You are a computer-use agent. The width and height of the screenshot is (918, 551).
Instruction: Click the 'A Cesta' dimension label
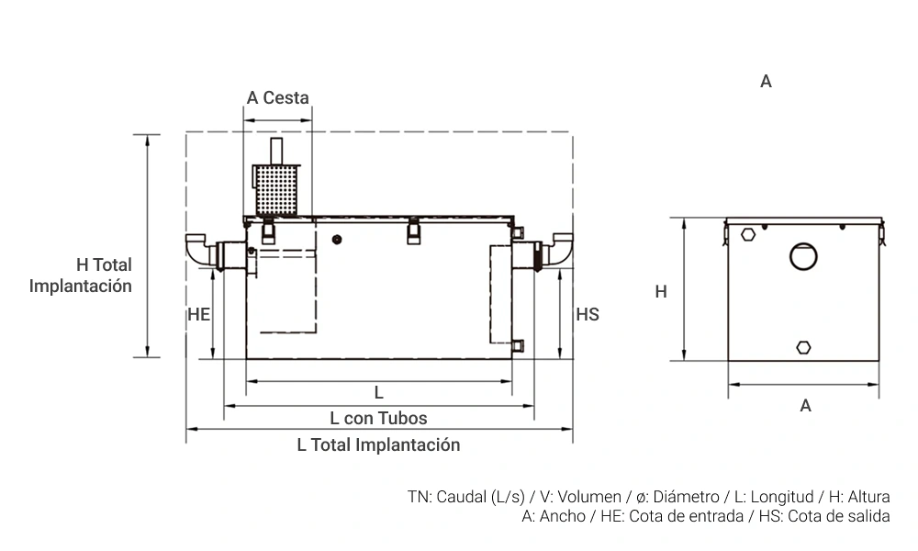pos(277,98)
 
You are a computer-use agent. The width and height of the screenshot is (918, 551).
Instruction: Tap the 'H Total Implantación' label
pos(81,275)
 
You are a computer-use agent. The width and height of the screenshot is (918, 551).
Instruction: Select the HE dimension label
pos(199,314)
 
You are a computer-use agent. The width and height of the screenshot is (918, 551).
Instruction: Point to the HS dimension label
pos(588,314)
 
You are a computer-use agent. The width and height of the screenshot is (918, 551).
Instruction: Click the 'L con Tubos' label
pos(378,419)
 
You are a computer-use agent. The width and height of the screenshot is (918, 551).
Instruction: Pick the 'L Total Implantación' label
pos(378,445)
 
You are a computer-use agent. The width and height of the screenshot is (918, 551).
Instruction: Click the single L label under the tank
pos(378,393)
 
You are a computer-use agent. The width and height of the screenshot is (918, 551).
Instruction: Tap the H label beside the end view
pos(661,292)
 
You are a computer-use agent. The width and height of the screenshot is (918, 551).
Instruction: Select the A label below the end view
pos(805,405)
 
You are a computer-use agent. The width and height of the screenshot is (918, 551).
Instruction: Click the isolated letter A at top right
pos(766,82)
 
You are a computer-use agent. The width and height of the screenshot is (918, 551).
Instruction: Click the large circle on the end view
pos(804,256)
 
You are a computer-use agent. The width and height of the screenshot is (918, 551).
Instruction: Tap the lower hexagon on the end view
pos(804,347)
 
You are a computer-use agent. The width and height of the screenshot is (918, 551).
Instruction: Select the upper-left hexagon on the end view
pos(749,233)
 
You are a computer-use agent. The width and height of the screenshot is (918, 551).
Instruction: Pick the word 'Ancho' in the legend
pos(561,516)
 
